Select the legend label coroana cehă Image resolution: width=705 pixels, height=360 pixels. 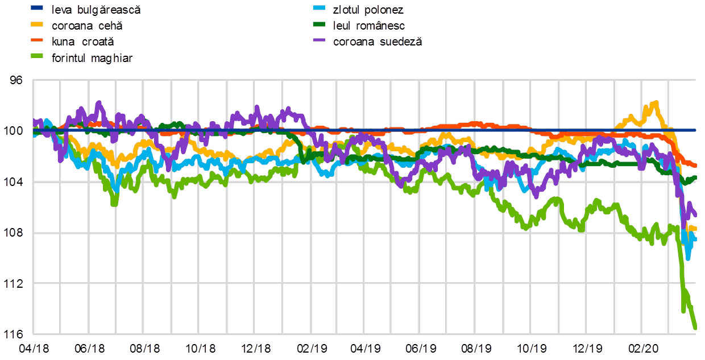point(87,26)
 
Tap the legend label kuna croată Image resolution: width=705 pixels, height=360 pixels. point(82,42)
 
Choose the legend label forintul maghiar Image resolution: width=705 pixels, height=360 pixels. point(92,57)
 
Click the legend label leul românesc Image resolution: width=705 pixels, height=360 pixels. point(368,26)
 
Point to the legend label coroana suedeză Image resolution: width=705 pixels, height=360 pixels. point(378,42)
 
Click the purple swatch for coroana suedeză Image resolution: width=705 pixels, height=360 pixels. point(320,41)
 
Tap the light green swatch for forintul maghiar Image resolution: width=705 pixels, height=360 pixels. point(38,57)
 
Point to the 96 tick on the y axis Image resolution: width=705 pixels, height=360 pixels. point(16,80)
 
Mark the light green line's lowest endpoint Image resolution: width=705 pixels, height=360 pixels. point(695,328)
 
